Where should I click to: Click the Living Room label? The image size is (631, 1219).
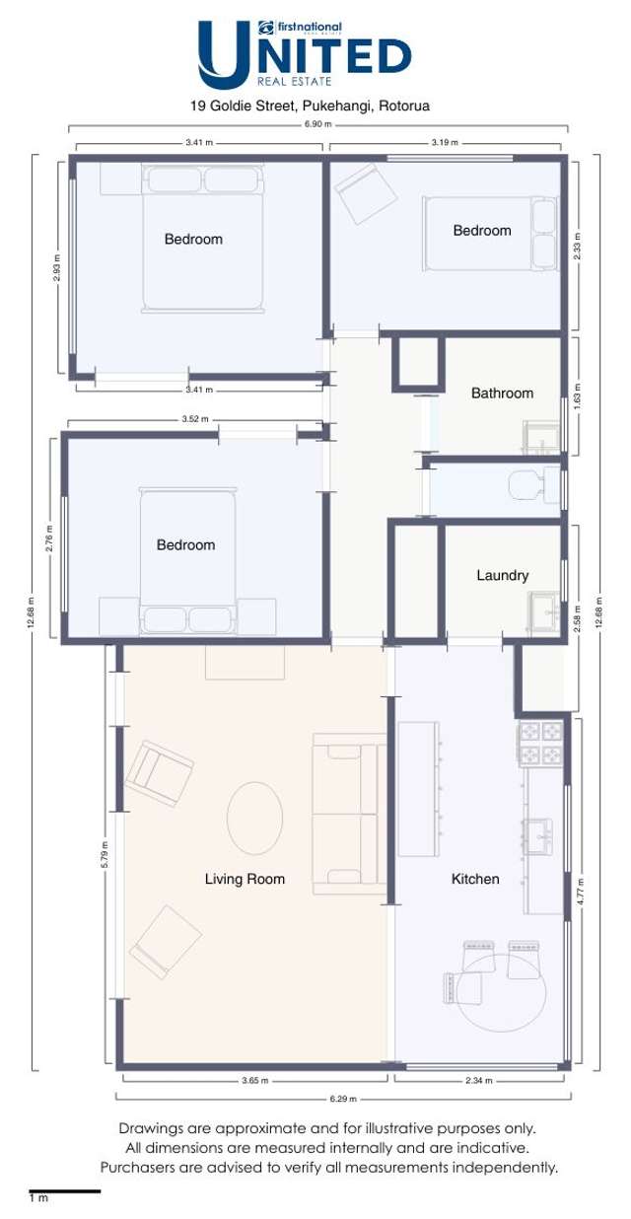click(245, 879)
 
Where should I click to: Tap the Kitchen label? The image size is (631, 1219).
click(475, 879)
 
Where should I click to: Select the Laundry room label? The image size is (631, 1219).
click(503, 576)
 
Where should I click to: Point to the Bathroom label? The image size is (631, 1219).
click(502, 393)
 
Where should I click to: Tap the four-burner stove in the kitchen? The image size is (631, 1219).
click(539, 743)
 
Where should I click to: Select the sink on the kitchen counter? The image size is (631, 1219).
click(538, 836)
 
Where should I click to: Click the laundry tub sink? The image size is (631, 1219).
click(544, 611)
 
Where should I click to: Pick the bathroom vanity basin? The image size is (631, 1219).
click(542, 437)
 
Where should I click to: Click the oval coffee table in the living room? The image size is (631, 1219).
click(254, 818)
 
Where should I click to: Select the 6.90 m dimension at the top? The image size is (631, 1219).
click(318, 124)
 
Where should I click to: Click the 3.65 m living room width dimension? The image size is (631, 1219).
click(255, 1081)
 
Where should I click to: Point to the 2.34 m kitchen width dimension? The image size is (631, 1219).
click(479, 1081)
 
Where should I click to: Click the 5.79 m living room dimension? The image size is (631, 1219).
click(105, 854)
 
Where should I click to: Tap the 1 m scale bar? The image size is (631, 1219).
click(65, 1191)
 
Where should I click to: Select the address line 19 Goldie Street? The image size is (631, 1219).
click(310, 106)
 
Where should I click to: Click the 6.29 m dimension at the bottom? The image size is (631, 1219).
click(343, 1099)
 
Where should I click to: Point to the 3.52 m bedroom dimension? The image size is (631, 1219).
click(195, 419)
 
